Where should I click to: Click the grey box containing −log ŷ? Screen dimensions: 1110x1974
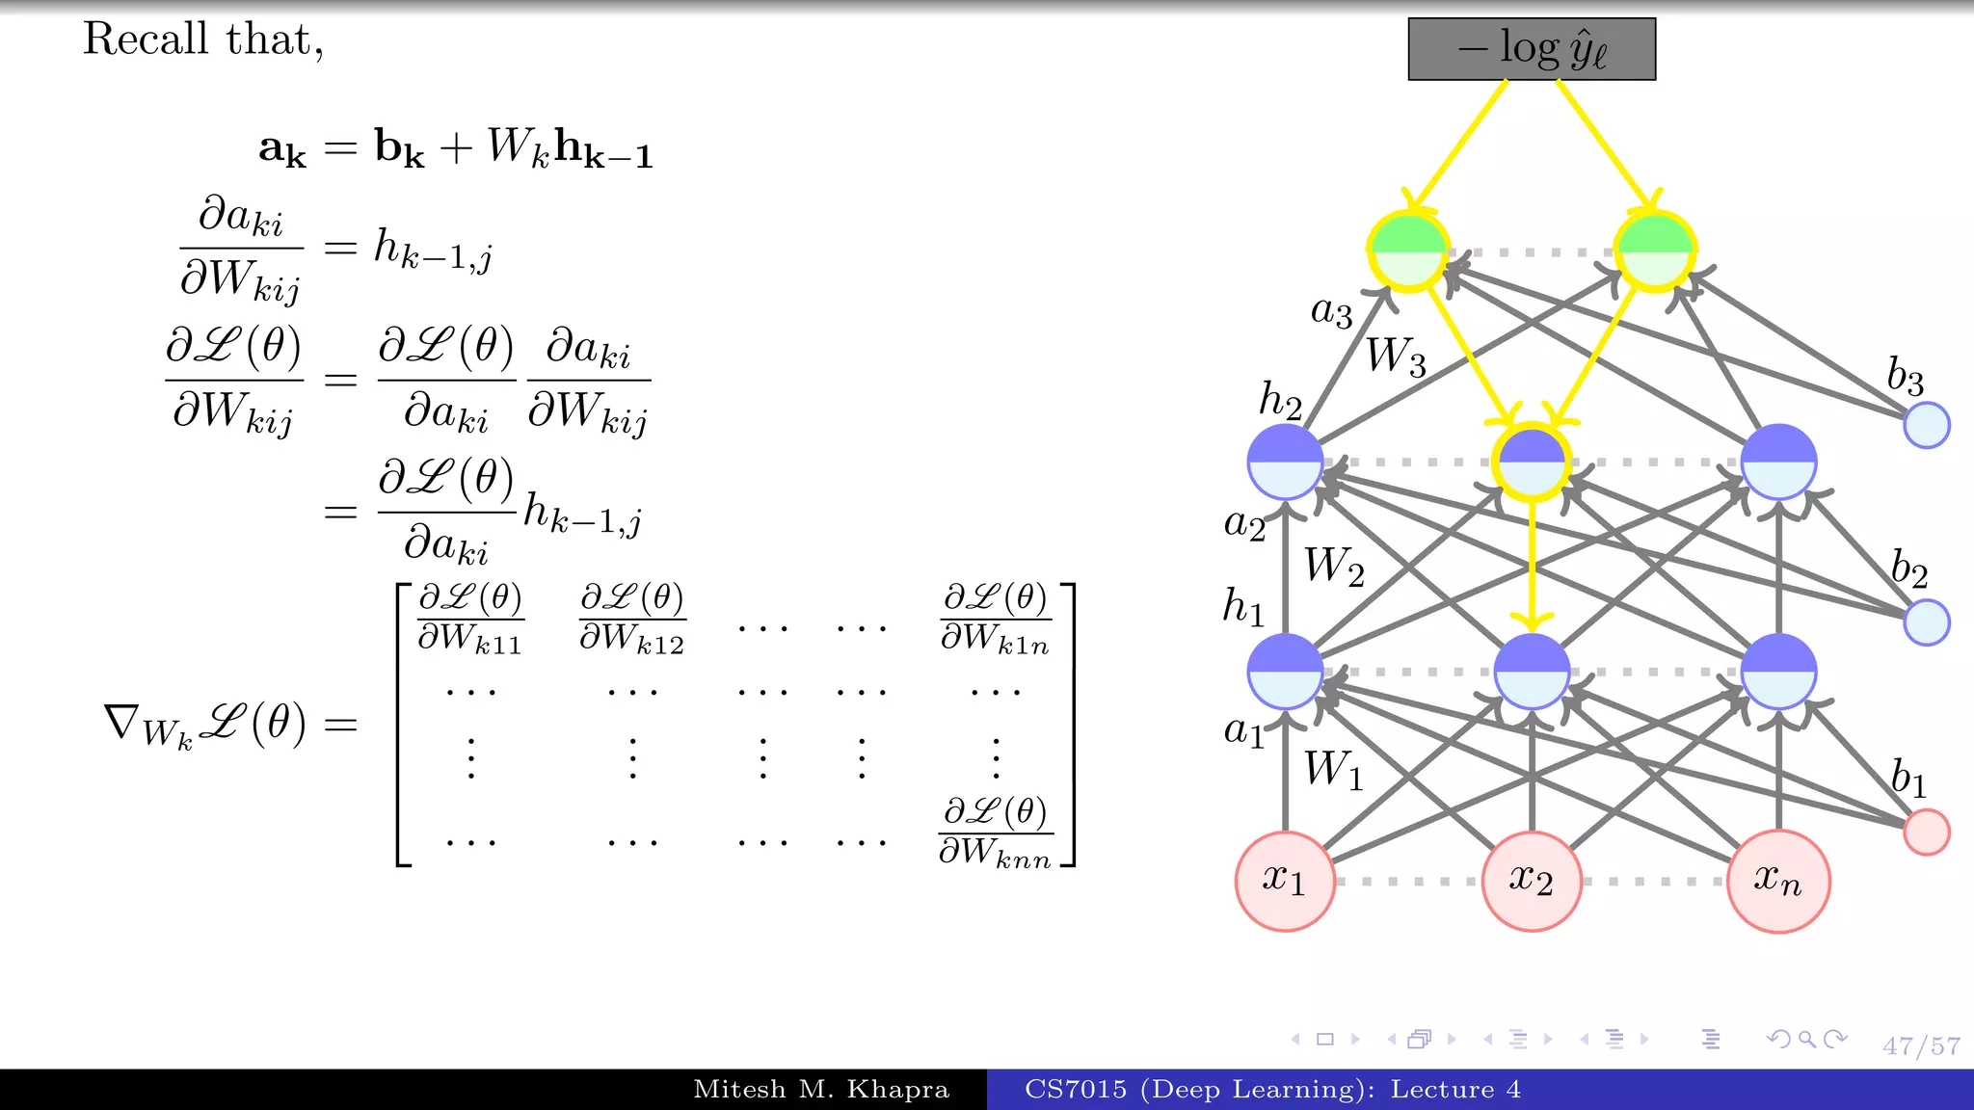point(1532,48)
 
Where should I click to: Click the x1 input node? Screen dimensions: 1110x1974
point(1285,881)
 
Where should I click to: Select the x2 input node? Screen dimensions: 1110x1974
point(1532,881)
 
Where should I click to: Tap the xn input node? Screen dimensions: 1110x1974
point(1778,881)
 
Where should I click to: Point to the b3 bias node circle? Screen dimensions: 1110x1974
point(1927,425)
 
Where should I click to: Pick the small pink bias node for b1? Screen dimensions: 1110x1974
point(1927,832)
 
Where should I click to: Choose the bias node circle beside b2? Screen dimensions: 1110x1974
point(1927,622)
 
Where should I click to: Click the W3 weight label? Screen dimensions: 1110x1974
point(1396,357)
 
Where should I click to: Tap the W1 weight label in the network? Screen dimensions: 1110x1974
point(1334,770)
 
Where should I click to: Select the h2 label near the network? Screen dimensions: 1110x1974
point(1281,400)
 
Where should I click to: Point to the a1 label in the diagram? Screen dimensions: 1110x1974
point(1244,731)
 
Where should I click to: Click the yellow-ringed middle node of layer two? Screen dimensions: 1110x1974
point(1532,462)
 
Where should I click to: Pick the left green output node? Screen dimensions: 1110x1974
point(1408,251)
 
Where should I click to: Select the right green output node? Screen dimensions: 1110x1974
point(1655,251)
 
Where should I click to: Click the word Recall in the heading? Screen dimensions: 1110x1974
point(146,40)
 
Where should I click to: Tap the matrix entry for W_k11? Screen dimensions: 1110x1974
point(470,619)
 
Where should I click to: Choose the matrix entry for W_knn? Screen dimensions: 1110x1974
point(996,832)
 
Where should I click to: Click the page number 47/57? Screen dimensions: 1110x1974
point(1921,1046)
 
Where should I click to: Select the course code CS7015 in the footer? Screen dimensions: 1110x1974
point(1076,1090)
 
